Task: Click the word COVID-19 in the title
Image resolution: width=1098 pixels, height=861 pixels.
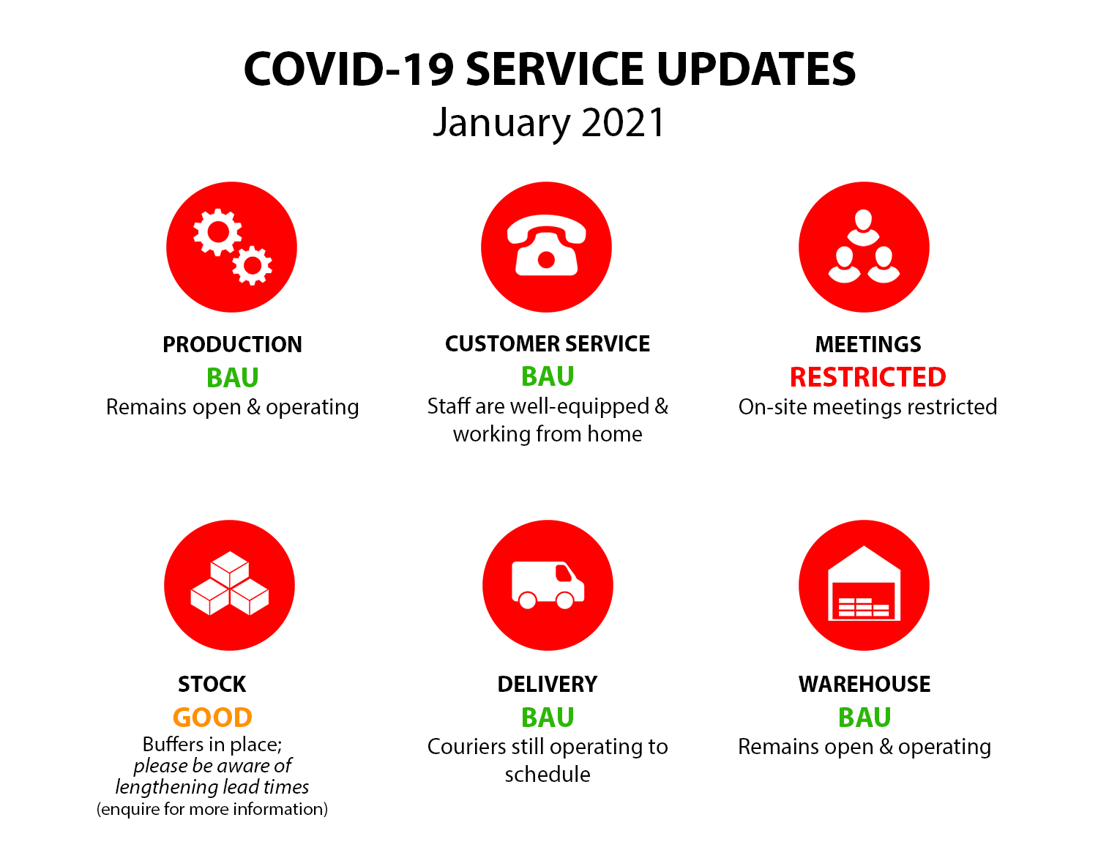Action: click(x=348, y=69)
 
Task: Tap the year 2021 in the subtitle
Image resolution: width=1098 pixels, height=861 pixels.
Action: click(x=622, y=123)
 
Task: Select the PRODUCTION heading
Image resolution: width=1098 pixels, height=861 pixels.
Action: click(x=233, y=345)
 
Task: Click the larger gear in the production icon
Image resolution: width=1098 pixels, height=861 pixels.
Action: click(x=218, y=232)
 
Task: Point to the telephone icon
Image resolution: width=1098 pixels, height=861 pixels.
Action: click(x=546, y=245)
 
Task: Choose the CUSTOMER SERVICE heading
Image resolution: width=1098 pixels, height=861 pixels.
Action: click(x=548, y=344)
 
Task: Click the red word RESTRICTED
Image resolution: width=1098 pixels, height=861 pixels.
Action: click(x=867, y=377)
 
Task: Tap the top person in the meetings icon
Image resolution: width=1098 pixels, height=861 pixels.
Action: click(x=864, y=228)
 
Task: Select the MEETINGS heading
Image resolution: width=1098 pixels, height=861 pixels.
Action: click(x=868, y=345)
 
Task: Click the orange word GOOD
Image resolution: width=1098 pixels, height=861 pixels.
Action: click(x=212, y=717)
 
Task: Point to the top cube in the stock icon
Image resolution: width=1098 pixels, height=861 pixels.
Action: click(x=230, y=570)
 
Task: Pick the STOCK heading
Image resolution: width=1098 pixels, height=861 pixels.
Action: click(x=212, y=684)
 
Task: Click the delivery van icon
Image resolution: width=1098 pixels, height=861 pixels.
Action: click(x=548, y=585)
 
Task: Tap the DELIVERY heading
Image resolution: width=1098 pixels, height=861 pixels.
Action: click(x=548, y=684)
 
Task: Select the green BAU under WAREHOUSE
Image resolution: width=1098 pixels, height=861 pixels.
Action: click(x=864, y=717)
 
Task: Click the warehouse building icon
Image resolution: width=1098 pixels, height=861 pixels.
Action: click(x=864, y=584)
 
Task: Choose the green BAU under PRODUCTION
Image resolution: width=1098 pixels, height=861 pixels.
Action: click(x=233, y=378)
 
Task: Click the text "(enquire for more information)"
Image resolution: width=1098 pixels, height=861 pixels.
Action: click(x=212, y=810)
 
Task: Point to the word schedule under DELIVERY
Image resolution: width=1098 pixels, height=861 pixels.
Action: click(x=548, y=775)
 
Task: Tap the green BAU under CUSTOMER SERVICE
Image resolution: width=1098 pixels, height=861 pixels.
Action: click(x=548, y=376)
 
